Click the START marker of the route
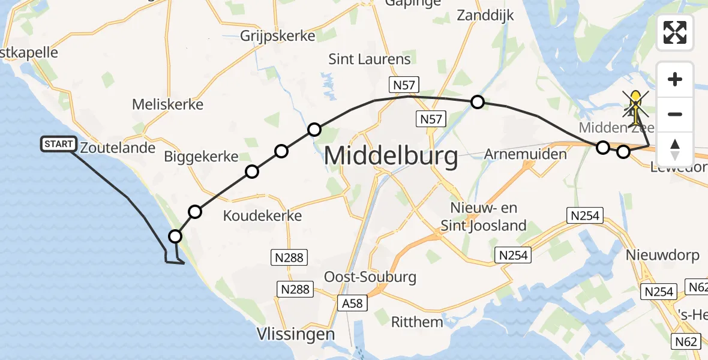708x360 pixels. coord(59,144)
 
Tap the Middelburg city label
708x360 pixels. coord(391,157)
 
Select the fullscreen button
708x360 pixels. coord(675,32)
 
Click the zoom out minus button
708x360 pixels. coord(675,114)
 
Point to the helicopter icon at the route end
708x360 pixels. coord(635,104)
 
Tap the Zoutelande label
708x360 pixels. coord(118,148)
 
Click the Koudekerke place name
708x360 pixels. coord(262,215)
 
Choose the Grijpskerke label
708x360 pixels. coord(277,35)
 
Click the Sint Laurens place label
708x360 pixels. coord(370,59)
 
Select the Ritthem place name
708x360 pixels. coord(417,322)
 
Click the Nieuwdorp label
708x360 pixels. coord(662,256)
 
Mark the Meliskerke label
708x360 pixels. coord(167,104)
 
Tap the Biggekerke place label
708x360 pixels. coord(201,157)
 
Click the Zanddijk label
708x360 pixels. coord(485,16)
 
